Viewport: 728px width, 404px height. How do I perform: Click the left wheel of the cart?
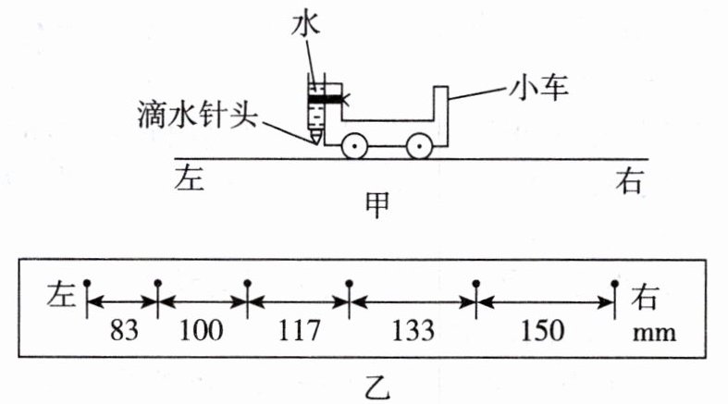(x=353, y=146)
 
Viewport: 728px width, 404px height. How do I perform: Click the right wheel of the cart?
(x=418, y=146)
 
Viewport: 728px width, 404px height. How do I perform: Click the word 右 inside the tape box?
(x=645, y=297)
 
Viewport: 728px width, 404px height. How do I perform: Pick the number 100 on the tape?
(x=201, y=330)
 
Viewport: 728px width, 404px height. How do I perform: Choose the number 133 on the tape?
(x=412, y=330)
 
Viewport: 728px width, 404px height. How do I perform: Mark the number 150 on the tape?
(x=543, y=330)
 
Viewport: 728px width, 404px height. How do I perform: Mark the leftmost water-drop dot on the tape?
(x=86, y=282)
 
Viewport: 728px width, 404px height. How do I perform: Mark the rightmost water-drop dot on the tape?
(x=614, y=282)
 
